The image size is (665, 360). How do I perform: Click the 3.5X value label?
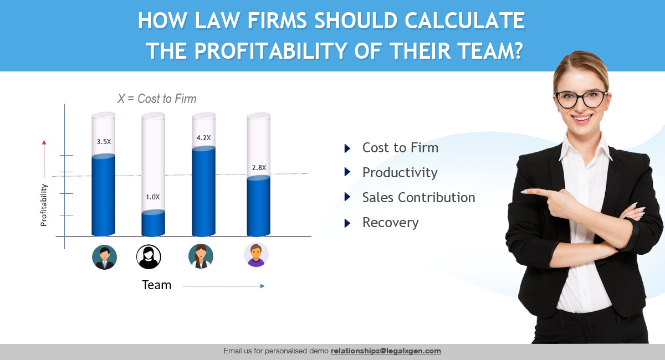(104, 142)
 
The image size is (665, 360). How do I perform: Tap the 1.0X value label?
(152, 197)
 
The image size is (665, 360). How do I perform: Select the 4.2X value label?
(204, 138)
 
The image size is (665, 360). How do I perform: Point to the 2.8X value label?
(259, 168)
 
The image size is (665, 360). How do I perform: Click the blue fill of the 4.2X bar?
(204, 192)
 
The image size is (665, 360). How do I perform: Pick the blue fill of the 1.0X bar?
(153, 223)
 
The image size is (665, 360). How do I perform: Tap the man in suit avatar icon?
(105, 257)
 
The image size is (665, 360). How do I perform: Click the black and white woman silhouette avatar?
(149, 257)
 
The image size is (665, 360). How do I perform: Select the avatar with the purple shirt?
(256, 255)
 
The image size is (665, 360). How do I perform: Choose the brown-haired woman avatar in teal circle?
(201, 256)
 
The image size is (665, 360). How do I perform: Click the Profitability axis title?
(44, 205)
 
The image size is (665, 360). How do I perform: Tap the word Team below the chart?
(157, 285)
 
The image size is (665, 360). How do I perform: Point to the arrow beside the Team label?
(223, 286)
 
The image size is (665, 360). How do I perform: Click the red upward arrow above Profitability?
(44, 159)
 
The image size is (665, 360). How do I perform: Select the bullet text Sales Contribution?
(418, 197)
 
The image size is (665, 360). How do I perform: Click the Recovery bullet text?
(390, 223)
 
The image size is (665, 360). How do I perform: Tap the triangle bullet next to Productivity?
(347, 172)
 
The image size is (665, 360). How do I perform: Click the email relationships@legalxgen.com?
(386, 351)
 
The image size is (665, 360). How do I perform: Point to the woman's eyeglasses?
(581, 99)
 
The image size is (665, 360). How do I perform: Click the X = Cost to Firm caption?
(157, 99)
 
